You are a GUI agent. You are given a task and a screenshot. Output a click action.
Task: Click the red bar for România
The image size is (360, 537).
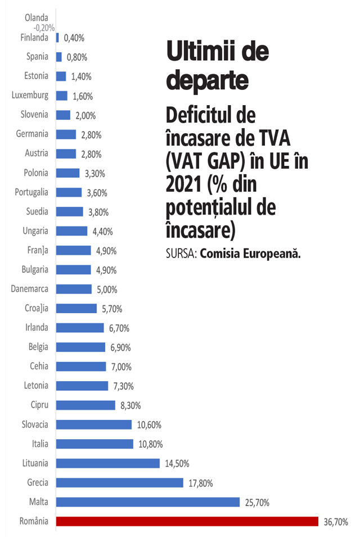point(187,521)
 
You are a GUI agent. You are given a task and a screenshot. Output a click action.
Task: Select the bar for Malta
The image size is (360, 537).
point(148,502)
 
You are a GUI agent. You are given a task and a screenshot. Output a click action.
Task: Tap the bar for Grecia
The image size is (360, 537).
point(120,482)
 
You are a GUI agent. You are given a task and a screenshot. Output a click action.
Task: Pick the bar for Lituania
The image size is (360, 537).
point(108,463)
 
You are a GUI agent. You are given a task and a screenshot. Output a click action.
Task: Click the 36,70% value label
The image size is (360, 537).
point(335,522)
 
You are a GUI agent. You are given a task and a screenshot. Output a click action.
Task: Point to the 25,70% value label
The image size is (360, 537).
point(256,502)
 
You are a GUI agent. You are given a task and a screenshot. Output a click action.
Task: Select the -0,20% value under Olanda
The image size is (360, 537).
point(43,28)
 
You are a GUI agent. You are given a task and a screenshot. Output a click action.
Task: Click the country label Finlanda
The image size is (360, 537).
point(33,38)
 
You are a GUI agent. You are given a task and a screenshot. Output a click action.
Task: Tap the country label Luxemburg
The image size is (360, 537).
point(30,95)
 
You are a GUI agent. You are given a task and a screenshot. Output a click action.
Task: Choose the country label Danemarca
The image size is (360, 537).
point(29,289)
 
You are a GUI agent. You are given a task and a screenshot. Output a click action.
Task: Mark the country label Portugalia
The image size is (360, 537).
point(31,192)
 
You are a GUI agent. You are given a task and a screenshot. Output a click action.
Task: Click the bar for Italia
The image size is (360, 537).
point(94,444)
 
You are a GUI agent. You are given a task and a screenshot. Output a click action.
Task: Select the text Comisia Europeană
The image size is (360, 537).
point(250,254)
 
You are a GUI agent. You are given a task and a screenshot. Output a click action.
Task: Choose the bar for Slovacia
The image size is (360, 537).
point(94,425)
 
